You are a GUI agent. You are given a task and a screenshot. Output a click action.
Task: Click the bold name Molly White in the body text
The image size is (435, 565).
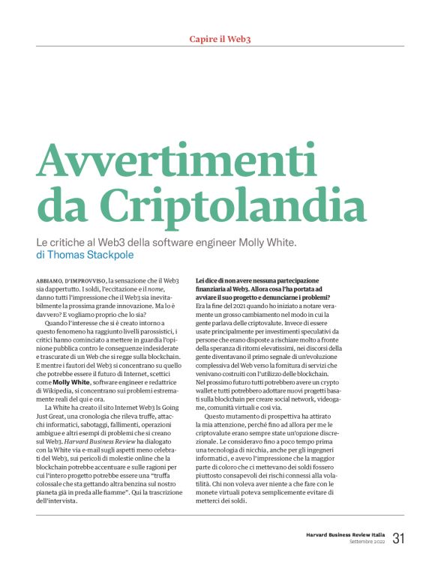point(73,381)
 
